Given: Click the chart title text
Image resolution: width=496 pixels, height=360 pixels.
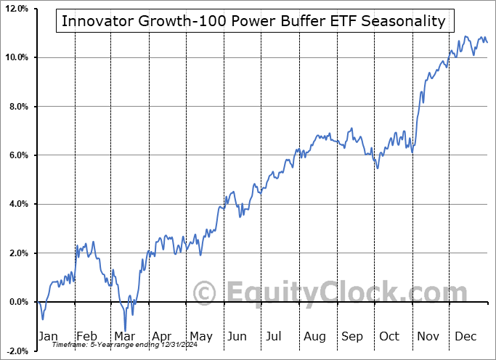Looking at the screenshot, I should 253,21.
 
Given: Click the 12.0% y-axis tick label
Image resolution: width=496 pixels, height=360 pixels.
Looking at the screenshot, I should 16,9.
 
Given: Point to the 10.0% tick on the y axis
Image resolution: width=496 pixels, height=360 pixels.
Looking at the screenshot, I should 16,57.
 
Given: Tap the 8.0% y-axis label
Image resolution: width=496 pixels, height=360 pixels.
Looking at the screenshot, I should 17,107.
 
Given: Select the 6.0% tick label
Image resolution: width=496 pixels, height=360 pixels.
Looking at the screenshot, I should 17,155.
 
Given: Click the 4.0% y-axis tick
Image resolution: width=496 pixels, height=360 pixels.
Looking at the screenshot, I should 17,204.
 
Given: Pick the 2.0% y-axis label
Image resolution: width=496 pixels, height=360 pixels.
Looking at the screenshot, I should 17,253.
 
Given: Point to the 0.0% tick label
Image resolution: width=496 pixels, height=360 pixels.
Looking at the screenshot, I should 17,302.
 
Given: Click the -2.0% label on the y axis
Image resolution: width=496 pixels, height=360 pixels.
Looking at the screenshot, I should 16,351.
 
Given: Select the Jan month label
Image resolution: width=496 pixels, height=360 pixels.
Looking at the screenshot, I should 47,336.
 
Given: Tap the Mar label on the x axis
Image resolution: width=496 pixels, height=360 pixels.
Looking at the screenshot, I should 123,336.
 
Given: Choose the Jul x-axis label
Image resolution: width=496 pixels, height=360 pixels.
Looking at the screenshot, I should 275,336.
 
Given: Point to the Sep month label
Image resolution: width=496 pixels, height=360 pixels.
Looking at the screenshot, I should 352,336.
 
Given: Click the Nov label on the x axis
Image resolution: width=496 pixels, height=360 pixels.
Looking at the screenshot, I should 428,336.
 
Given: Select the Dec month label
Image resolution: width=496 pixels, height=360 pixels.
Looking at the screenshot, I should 465,336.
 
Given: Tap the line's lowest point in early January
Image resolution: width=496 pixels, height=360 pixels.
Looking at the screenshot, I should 42,319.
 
